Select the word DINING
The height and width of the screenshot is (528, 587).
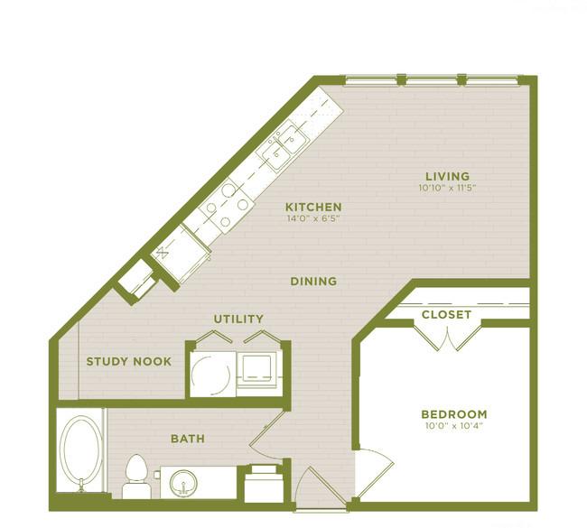(313, 282)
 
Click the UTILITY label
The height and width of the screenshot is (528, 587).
(238, 319)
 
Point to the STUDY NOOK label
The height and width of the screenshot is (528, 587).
(129, 362)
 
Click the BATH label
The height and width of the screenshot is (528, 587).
(187, 440)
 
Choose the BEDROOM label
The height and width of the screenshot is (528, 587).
(454, 414)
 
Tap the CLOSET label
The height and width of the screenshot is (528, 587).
(446, 315)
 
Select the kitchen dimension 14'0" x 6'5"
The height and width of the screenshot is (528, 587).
(313, 218)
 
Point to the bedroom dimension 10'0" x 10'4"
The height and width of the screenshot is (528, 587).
(454, 427)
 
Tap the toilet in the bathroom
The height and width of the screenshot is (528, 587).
(136, 476)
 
